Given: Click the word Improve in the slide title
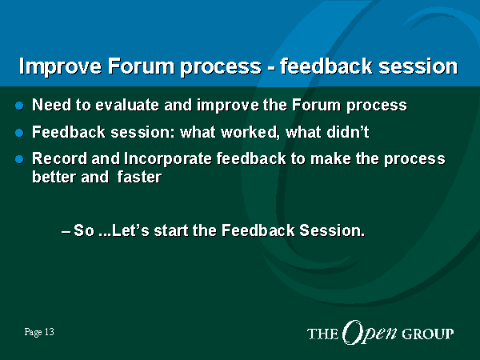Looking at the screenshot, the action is point(60,66).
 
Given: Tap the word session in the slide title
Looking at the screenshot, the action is point(418,66).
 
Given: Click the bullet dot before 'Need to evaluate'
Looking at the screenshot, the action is point(19,106).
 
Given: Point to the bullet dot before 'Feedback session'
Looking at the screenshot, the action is point(19,133).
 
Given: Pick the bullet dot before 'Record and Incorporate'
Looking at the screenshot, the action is point(19,159).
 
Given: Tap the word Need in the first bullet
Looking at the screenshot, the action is point(51,105).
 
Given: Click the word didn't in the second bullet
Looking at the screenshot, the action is point(348,132).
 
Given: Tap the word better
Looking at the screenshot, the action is point(54,177).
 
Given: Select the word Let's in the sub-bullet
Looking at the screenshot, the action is point(130,230).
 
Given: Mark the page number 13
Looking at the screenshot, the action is point(50,332).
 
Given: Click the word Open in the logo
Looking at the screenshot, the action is point(370,333).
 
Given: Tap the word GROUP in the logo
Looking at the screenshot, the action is point(428,334).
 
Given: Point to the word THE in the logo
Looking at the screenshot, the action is point(323,334).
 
